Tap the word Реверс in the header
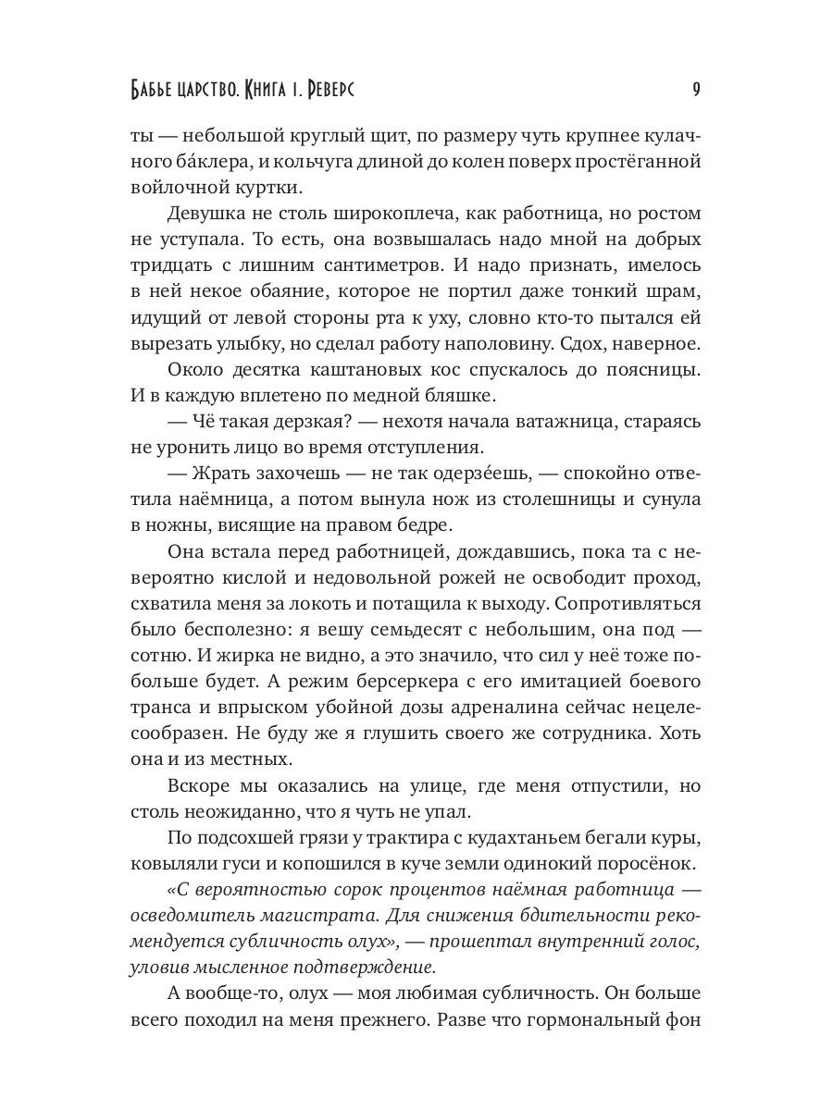[x=321, y=91]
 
